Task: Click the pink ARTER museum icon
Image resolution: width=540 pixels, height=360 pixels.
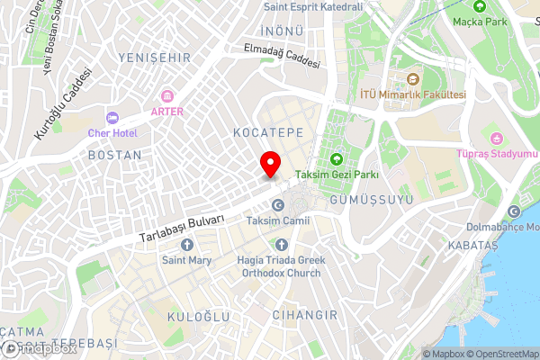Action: (166, 96)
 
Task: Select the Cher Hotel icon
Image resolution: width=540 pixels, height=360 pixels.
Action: (112, 118)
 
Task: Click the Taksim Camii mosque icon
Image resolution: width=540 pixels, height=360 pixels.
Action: (278, 205)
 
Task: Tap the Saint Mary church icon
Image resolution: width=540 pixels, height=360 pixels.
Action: (185, 245)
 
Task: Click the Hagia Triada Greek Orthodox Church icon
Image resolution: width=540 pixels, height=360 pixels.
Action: (282, 245)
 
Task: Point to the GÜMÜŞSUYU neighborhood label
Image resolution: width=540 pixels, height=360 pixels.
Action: (371, 198)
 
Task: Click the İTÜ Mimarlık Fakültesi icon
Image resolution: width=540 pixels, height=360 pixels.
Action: (412, 79)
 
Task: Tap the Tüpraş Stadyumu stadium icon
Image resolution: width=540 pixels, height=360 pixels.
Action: (496, 138)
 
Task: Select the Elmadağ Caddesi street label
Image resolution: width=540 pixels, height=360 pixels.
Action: (275, 58)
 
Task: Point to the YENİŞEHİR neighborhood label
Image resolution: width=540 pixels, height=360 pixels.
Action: (154, 57)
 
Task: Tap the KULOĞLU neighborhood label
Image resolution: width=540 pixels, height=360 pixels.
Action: (200, 317)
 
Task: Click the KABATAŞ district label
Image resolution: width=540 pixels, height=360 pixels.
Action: (472, 245)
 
